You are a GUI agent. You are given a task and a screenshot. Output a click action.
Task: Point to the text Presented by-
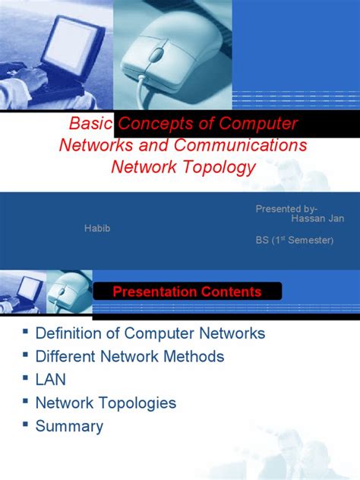click(287, 209)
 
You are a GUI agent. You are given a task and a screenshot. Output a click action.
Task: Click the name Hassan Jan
click(317, 218)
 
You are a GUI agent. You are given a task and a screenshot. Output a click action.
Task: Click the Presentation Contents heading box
click(187, 292)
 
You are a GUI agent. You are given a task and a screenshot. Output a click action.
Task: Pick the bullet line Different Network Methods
click(130, 356)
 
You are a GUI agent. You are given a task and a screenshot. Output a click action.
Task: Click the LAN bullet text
click(49, 380)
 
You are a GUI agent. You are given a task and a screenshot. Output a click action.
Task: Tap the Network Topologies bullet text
click(106, 403)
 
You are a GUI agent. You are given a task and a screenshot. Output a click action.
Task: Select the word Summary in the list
click(69, 426)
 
